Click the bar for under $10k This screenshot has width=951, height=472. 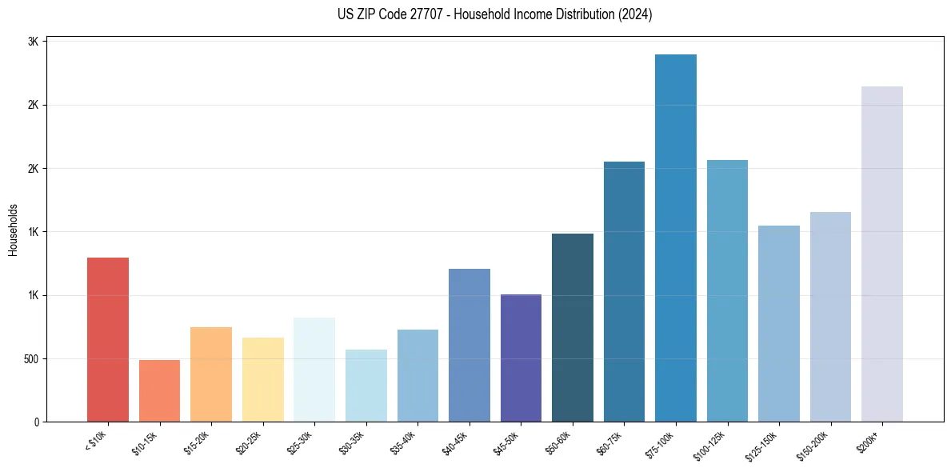107,339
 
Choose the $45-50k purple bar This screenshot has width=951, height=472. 521,358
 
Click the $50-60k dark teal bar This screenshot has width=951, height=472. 573,327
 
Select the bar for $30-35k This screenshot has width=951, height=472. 366,386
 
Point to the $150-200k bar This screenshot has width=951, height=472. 830,317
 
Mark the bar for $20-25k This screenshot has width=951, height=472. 263,379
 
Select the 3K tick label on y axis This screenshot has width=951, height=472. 33,42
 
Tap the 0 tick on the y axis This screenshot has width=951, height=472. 37,422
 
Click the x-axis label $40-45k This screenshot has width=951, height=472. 455,442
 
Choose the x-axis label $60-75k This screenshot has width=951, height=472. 610,442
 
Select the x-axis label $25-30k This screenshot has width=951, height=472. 300,442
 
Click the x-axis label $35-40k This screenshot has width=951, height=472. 403,442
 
